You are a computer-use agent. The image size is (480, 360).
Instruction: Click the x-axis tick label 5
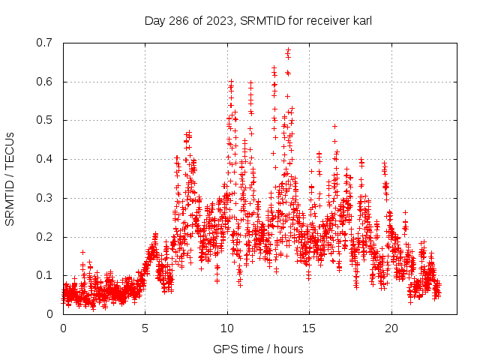[x=145, y=328]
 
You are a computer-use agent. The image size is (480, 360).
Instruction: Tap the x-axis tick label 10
[x=227, y=328]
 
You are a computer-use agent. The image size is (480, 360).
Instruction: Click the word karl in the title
[x=360, y=21]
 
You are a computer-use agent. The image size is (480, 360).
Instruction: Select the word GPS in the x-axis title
[x=223, y=349]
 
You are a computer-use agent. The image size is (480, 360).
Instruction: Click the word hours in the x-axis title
[x=289, y=349]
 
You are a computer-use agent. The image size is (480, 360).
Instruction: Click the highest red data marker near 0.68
[x=288, y=50]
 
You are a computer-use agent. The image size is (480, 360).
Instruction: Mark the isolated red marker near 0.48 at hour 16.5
[x=334, y=126]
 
